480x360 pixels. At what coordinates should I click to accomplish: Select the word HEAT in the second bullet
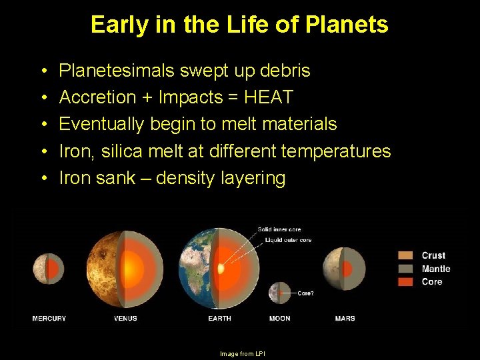268,97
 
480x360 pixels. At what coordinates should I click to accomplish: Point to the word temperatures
336,151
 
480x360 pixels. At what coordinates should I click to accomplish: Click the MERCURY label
49,319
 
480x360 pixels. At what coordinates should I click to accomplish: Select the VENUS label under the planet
125,319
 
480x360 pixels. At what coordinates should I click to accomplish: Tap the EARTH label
219,319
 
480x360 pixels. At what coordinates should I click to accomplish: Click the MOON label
279,319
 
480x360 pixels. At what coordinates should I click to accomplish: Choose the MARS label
345,319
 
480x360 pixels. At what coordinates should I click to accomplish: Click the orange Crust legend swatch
405,255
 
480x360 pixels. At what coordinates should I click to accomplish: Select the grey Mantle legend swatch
405,269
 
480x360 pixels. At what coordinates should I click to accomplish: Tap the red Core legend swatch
405,282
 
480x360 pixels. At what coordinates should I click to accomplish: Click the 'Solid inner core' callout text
279,230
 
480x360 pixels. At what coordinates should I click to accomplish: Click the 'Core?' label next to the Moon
305,293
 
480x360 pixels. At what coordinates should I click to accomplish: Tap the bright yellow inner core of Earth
221,269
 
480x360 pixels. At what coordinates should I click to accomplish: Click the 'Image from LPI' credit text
242,354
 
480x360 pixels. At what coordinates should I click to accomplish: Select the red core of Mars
347,269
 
